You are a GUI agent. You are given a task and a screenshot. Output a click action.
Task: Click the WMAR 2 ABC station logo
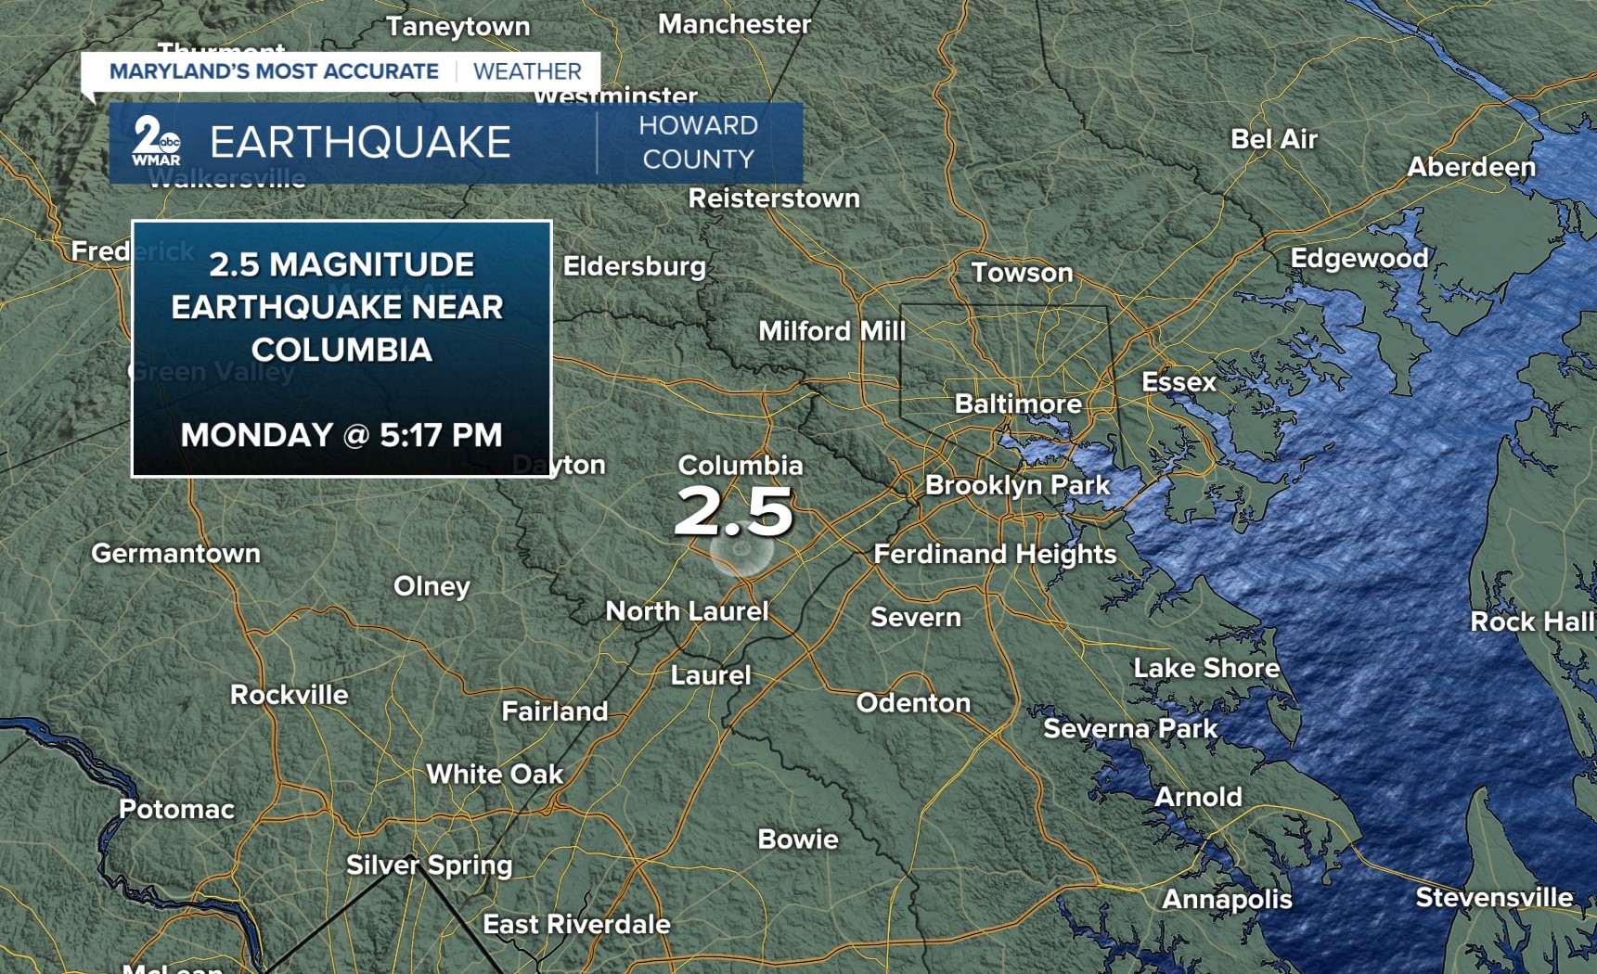[x=156, y=142]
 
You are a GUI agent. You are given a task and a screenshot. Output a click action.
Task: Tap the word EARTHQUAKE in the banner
[x=360, y=143]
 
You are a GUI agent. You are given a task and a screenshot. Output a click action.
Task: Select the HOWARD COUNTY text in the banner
[x=698, y=143]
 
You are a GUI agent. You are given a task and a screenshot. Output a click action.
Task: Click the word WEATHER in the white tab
[x=527, y=71]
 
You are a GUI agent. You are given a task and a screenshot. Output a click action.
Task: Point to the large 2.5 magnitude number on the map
[x=734, y=511]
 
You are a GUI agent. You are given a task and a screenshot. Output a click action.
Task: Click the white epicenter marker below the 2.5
[x=741, y=550]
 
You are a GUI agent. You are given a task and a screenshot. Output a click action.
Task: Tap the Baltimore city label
[x=1018, y=404]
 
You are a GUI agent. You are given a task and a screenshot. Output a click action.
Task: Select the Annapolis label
[x=1227, y=899]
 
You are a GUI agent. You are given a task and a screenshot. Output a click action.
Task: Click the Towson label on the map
[x=1022, y=273]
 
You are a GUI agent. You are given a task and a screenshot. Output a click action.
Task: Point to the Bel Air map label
[x=1273, y=139]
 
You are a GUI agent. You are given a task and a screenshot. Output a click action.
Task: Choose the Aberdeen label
[x=1471, y=167]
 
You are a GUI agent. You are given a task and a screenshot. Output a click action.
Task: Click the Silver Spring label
[x=429, y=865]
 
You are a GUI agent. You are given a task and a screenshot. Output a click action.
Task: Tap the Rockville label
[x=289, y=695]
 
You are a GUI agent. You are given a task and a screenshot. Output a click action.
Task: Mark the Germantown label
[x=175, y=554]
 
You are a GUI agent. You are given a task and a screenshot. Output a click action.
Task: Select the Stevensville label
[x=1494, y=898]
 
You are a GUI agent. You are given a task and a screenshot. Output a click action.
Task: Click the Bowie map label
[x=797, y=839]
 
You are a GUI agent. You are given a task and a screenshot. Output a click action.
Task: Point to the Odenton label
[x=913, y=703]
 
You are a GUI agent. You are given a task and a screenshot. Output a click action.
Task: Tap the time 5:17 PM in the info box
[x=441, y=435]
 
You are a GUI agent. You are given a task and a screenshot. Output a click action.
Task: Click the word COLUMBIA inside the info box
[x=341, y=351]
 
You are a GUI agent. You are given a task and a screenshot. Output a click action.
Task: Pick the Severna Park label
[x=1130, y=729]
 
